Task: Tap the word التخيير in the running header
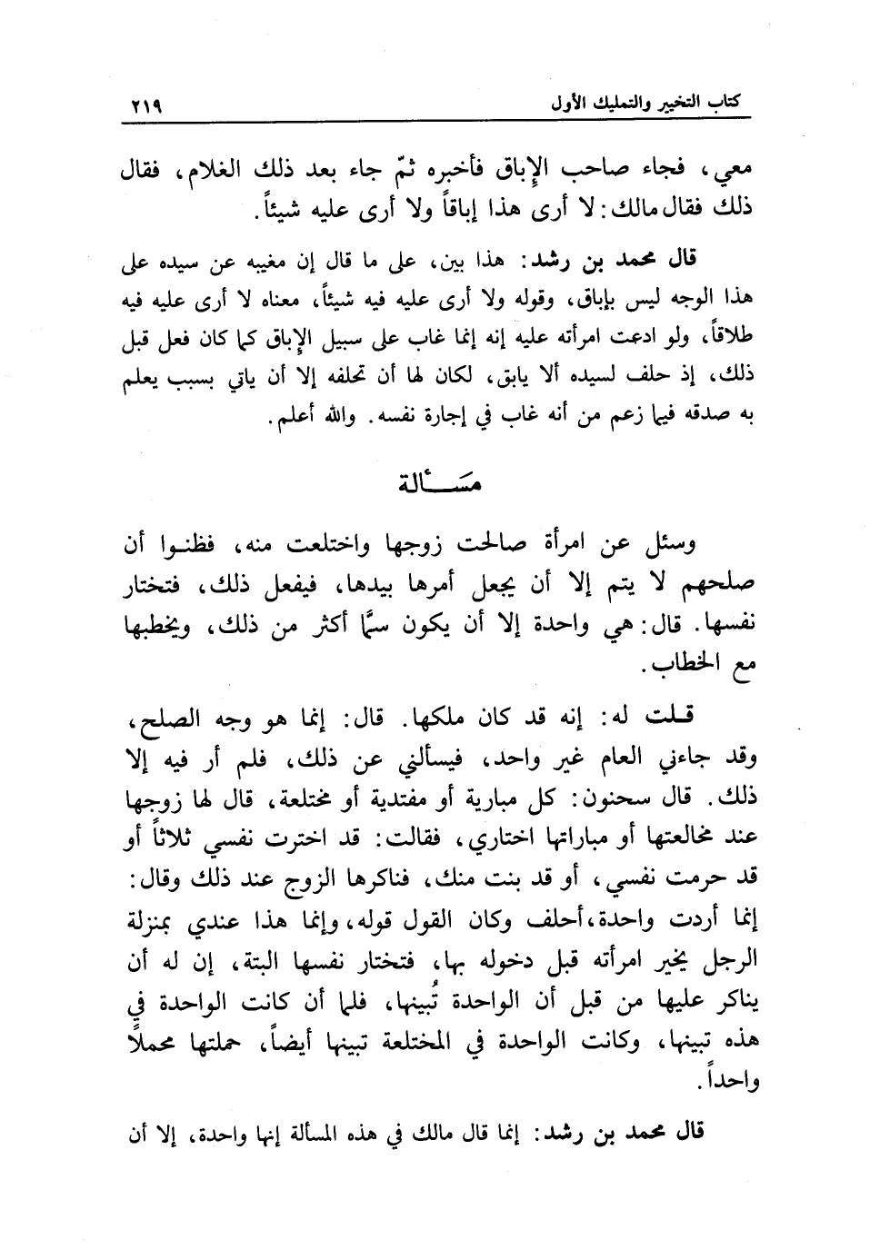pos(677,102)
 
